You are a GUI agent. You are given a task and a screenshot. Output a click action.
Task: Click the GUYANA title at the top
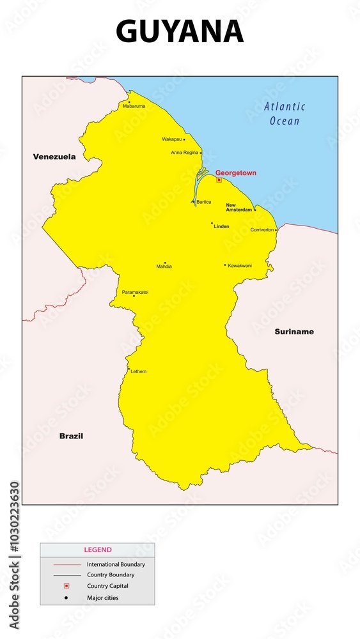(x=180, y=32)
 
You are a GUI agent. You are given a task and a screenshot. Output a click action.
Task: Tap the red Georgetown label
(x=235, y=173)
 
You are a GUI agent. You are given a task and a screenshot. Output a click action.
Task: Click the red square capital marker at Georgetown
(x=219, y=180)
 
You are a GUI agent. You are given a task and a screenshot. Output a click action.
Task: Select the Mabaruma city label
(x=134, y=106)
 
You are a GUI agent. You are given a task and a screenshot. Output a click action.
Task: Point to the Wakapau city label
(x=171, y=139)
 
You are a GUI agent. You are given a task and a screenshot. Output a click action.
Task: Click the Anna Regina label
(x=185, y=153)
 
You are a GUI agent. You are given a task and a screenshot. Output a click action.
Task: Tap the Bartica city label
(x=203, y=202)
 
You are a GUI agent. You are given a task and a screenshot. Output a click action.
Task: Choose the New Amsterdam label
(x=239, y=208)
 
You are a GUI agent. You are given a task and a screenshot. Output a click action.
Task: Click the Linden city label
(x=221, y=226)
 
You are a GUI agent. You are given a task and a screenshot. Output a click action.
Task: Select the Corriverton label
(x=262, y=229)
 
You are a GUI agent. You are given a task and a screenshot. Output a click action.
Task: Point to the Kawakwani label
(x=240, y=265)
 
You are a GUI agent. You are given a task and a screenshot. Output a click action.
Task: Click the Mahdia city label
(x=164, y=266)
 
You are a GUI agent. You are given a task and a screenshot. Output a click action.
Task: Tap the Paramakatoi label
(x=135, y=292)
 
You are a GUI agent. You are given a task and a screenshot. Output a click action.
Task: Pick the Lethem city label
(x=138, y=371)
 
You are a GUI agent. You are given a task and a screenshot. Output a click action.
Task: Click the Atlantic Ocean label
(x=285, y=114)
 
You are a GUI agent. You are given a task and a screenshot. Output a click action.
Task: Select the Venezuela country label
(x=54, y=157)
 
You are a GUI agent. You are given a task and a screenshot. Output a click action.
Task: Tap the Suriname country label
(x=294, y=332)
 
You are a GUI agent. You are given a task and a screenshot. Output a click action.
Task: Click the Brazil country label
(x=71, y=436)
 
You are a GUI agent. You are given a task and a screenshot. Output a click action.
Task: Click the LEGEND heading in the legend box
(x=97, y=550)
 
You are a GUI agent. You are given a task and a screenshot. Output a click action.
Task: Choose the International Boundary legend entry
(x=116, y=564)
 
